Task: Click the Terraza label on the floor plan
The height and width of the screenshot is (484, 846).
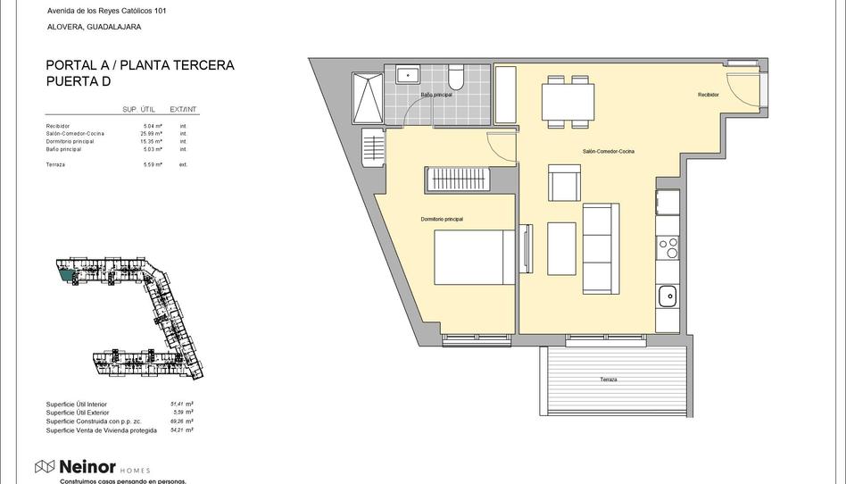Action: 608,380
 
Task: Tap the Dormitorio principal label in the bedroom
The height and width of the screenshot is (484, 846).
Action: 442,219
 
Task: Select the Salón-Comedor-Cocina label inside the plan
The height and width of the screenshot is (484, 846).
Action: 608,152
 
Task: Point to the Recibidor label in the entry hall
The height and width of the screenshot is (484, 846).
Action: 709,95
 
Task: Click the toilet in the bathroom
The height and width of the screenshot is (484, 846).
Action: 456,79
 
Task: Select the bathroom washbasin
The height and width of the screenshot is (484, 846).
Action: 408,75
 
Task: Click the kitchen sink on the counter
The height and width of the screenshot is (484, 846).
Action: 666,296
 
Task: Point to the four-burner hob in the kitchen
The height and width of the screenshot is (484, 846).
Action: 667,246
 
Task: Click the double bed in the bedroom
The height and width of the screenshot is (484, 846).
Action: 475,257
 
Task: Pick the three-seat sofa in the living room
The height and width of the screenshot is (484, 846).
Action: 601,248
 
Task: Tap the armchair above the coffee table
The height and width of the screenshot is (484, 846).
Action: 564,185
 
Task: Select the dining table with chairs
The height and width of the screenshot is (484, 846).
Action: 568,103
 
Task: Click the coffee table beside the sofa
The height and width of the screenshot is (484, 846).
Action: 561,247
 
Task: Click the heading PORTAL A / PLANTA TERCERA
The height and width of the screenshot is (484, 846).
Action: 140,65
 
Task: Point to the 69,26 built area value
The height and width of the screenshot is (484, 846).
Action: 181,421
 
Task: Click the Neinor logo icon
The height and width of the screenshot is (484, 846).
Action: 45,466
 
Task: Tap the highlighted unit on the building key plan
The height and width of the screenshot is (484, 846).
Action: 65,276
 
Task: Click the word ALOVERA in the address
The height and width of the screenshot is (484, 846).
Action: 64,27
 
